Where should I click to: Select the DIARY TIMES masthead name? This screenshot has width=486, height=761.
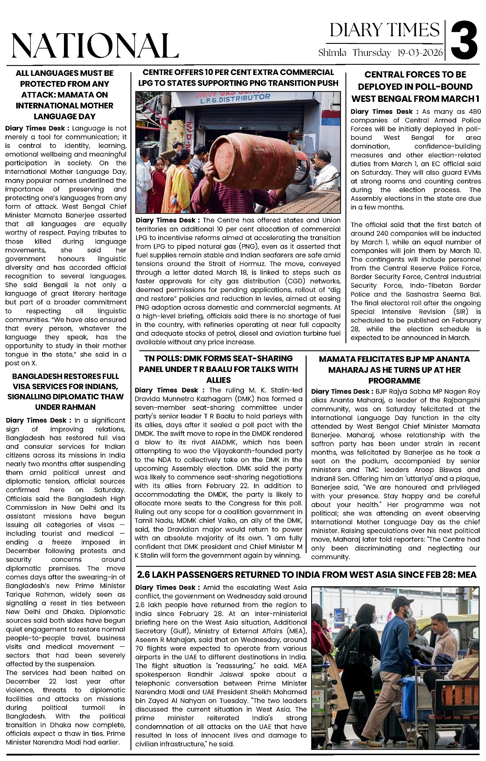click(385, 30)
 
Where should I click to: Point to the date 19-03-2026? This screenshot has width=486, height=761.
click(420, 53)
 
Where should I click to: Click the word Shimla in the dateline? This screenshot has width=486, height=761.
click(333, 53)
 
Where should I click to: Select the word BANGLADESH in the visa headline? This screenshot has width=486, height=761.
click(37, 376)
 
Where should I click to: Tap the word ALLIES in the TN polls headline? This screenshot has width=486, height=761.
click(218, 380)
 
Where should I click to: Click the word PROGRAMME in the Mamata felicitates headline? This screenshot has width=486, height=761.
click(394, 380)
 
